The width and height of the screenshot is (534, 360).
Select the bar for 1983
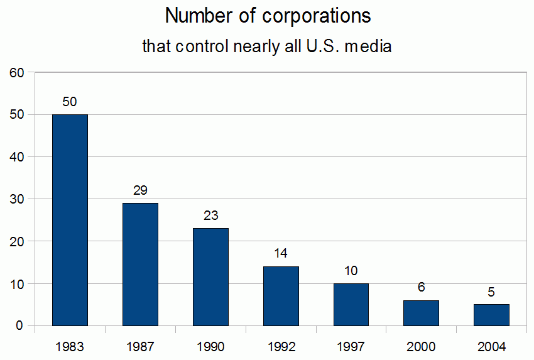(x=70, y=220)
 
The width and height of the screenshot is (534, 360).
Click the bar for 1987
(x=140, y=264)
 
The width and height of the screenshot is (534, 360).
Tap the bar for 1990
(x=210, y=276)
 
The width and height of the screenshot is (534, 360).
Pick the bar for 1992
(x=281, y=296)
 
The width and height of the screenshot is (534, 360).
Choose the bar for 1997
(x=351, y=304)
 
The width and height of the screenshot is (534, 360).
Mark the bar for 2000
(x=421, y=313)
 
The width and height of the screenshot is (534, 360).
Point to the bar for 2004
(x=491, y=315)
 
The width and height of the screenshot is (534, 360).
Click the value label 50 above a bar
(x=70, y=102)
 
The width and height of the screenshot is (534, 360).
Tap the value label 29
(x=140, y=190)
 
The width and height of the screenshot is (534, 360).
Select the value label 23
(x=210, y=215)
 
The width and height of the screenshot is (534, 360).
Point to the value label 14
(x=281, y=254)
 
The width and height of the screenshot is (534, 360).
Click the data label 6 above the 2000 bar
(x=421, y=288)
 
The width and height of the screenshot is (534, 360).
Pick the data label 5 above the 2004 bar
(x=491, y=292)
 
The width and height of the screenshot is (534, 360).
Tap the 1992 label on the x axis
(x=281, y=346)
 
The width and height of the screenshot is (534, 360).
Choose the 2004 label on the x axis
(x=491, y=346)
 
